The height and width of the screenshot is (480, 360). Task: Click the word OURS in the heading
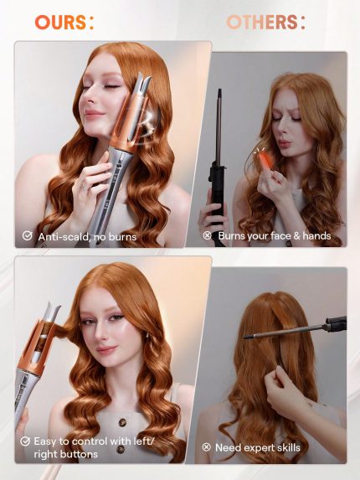(x=60, y=22)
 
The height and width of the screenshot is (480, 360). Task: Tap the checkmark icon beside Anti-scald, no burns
(x=27, y=237)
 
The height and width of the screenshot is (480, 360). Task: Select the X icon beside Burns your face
(x=207, y=236)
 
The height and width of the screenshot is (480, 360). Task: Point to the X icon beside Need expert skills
(x=207, y=447)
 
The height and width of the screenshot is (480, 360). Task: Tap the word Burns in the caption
(x=234, y=236)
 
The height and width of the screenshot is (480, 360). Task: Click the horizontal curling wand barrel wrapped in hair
(x=285, y=333)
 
